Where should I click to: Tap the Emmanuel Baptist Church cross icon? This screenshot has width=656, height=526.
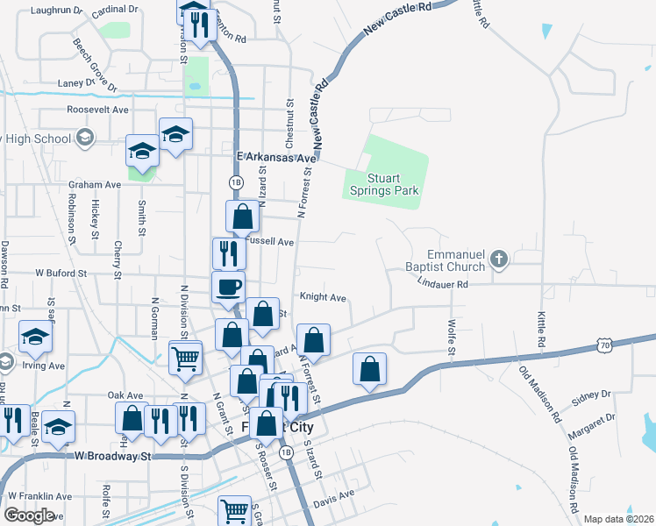pos(498,259)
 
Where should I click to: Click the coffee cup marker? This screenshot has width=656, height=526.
pos(229,286)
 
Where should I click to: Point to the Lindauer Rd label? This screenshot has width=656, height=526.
pos(443,284)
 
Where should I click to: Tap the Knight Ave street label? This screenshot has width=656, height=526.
pos(323,297)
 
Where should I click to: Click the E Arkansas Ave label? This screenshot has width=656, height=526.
pos(275,158)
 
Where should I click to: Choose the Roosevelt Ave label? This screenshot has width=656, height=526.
pos(97,110)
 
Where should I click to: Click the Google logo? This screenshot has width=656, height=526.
pos(29,515)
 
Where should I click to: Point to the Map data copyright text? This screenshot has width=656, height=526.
pos(618,519)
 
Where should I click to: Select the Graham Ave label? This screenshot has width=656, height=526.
pos(95,185)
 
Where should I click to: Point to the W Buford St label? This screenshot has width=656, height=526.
pos(61,274)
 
